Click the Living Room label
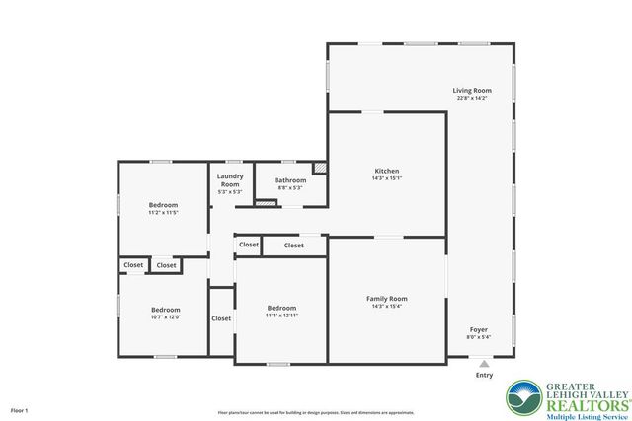(473, 90)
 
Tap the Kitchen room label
(386, 171)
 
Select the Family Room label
(386, 298)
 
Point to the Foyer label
(478, 329)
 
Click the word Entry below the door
(484, 375)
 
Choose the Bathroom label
(290, 180)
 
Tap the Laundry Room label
(229, 180)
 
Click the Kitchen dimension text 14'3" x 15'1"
(386, 178)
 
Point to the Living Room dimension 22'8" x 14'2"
(473, 98)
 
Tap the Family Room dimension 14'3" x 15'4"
(386, 306)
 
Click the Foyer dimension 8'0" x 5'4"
(478, 337)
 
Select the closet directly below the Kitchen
(294, 245)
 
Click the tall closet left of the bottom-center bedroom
(221, 318)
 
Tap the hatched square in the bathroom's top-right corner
(319, 168)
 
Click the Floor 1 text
(20, 409)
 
